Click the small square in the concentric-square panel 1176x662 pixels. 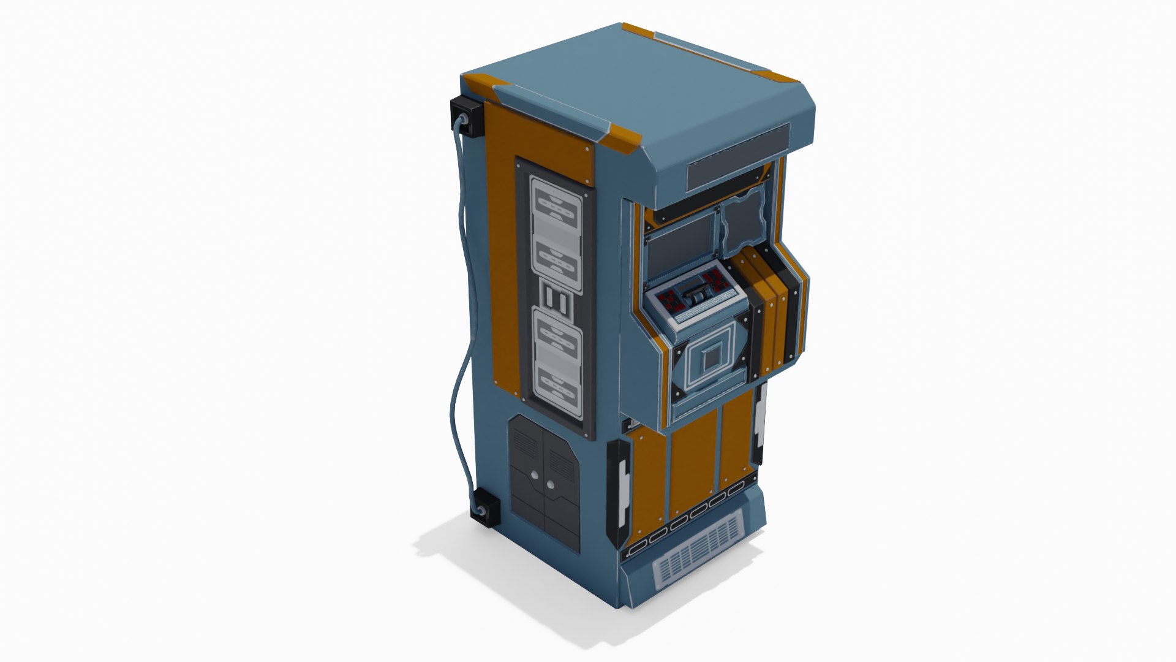tap(710, 362)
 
